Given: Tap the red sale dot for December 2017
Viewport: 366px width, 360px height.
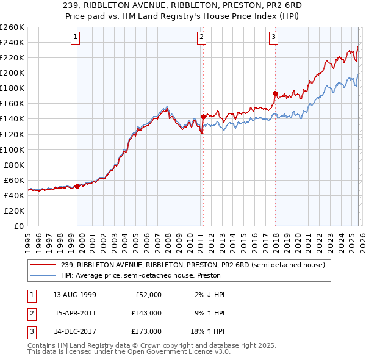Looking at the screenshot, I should coord(275,93).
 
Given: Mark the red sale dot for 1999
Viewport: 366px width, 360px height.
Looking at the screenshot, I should coord(77,186).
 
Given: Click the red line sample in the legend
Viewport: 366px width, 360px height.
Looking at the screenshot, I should coord(44,265).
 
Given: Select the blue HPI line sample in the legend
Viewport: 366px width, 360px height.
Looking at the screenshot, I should coord(44,275).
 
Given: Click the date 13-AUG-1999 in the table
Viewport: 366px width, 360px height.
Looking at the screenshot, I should coord(74,295).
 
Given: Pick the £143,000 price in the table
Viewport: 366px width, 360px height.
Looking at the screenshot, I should coord(146,313).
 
